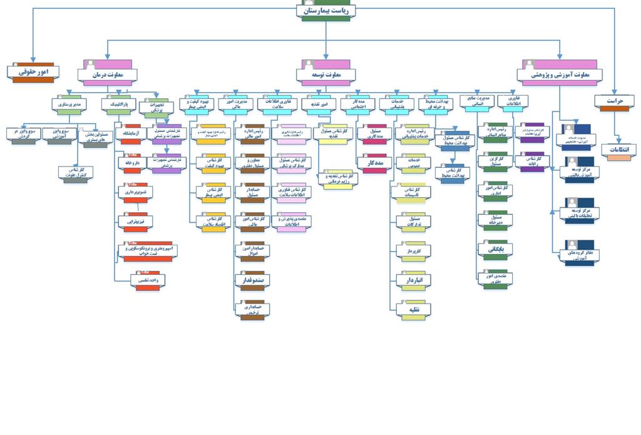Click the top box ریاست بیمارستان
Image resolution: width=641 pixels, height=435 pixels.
[326, 11]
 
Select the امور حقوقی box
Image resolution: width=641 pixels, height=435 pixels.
[34, 73]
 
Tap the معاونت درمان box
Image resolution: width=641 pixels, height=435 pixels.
[107, 74]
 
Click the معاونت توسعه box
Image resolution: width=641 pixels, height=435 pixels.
[326, 74]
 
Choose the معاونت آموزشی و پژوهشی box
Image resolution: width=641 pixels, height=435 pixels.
[560, 74]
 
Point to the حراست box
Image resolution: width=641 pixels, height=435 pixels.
[613, 101]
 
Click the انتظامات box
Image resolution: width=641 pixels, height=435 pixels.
[619, 150]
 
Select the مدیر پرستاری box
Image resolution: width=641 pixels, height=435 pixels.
[69, 103]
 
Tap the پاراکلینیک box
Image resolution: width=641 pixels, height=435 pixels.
[118, 103]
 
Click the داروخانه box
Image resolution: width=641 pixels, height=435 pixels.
[131, 163]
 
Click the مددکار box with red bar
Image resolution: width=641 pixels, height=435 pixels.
[374, 163]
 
